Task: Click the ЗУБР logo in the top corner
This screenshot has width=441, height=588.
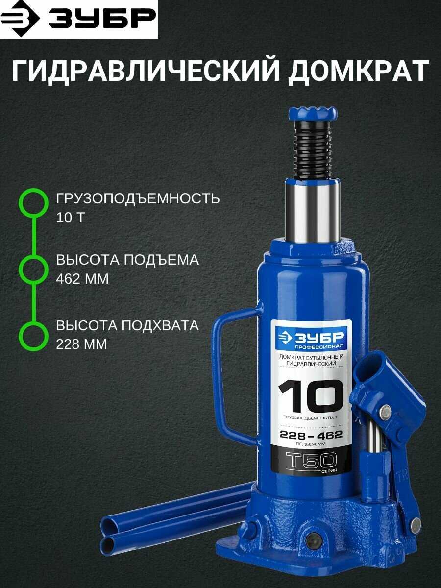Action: point(78,19)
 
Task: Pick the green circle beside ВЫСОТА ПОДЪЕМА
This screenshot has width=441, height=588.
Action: point(33,269)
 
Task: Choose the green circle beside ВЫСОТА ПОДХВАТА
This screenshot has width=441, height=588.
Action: point(33,335)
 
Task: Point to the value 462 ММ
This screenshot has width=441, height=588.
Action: point(82,279)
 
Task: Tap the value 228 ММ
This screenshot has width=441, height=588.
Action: point(81,344)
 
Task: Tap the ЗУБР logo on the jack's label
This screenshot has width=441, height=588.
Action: point(312,338)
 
